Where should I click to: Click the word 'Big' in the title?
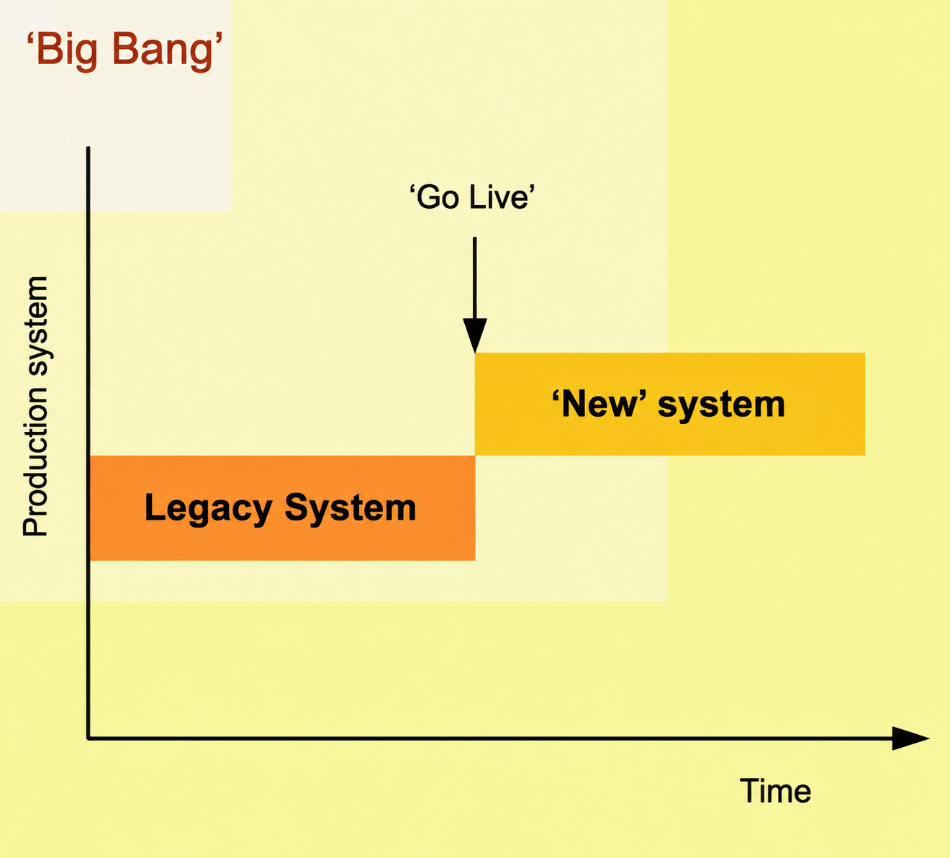coord(66,51)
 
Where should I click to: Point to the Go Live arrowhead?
coord(474,335)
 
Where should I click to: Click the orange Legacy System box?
coord(282,508)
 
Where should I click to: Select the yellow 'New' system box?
coord(669,404)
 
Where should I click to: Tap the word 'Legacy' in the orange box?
coord(208,509)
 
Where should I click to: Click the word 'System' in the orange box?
coord(350,509)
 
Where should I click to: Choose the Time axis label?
coord(775,791)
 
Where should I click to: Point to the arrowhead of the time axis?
coord(910,738)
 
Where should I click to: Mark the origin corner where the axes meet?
coord(88,738)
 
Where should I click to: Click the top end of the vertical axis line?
coord(88,148)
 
